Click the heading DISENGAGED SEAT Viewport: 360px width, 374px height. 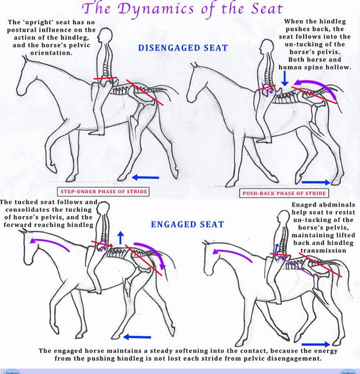coord(183,48)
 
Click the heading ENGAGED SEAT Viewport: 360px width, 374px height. coord(187,224)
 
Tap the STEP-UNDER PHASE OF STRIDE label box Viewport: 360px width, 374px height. coord(103,192)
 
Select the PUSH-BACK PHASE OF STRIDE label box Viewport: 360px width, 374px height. coord(284,193)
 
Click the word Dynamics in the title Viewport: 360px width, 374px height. coord(156,9)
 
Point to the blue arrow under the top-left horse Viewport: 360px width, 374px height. coord(145,178)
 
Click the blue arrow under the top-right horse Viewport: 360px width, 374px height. coord(316,182)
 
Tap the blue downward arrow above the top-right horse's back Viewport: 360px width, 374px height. coord(284,78)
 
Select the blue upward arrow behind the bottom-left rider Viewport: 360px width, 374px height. coord(121,238)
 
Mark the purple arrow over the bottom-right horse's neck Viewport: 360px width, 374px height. coord(232,253)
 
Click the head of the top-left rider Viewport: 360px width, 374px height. coord(105,35)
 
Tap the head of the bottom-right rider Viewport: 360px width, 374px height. coord(284,218)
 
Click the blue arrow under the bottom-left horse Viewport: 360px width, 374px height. coord(137,337)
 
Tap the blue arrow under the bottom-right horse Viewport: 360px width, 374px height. coord(316,344)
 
